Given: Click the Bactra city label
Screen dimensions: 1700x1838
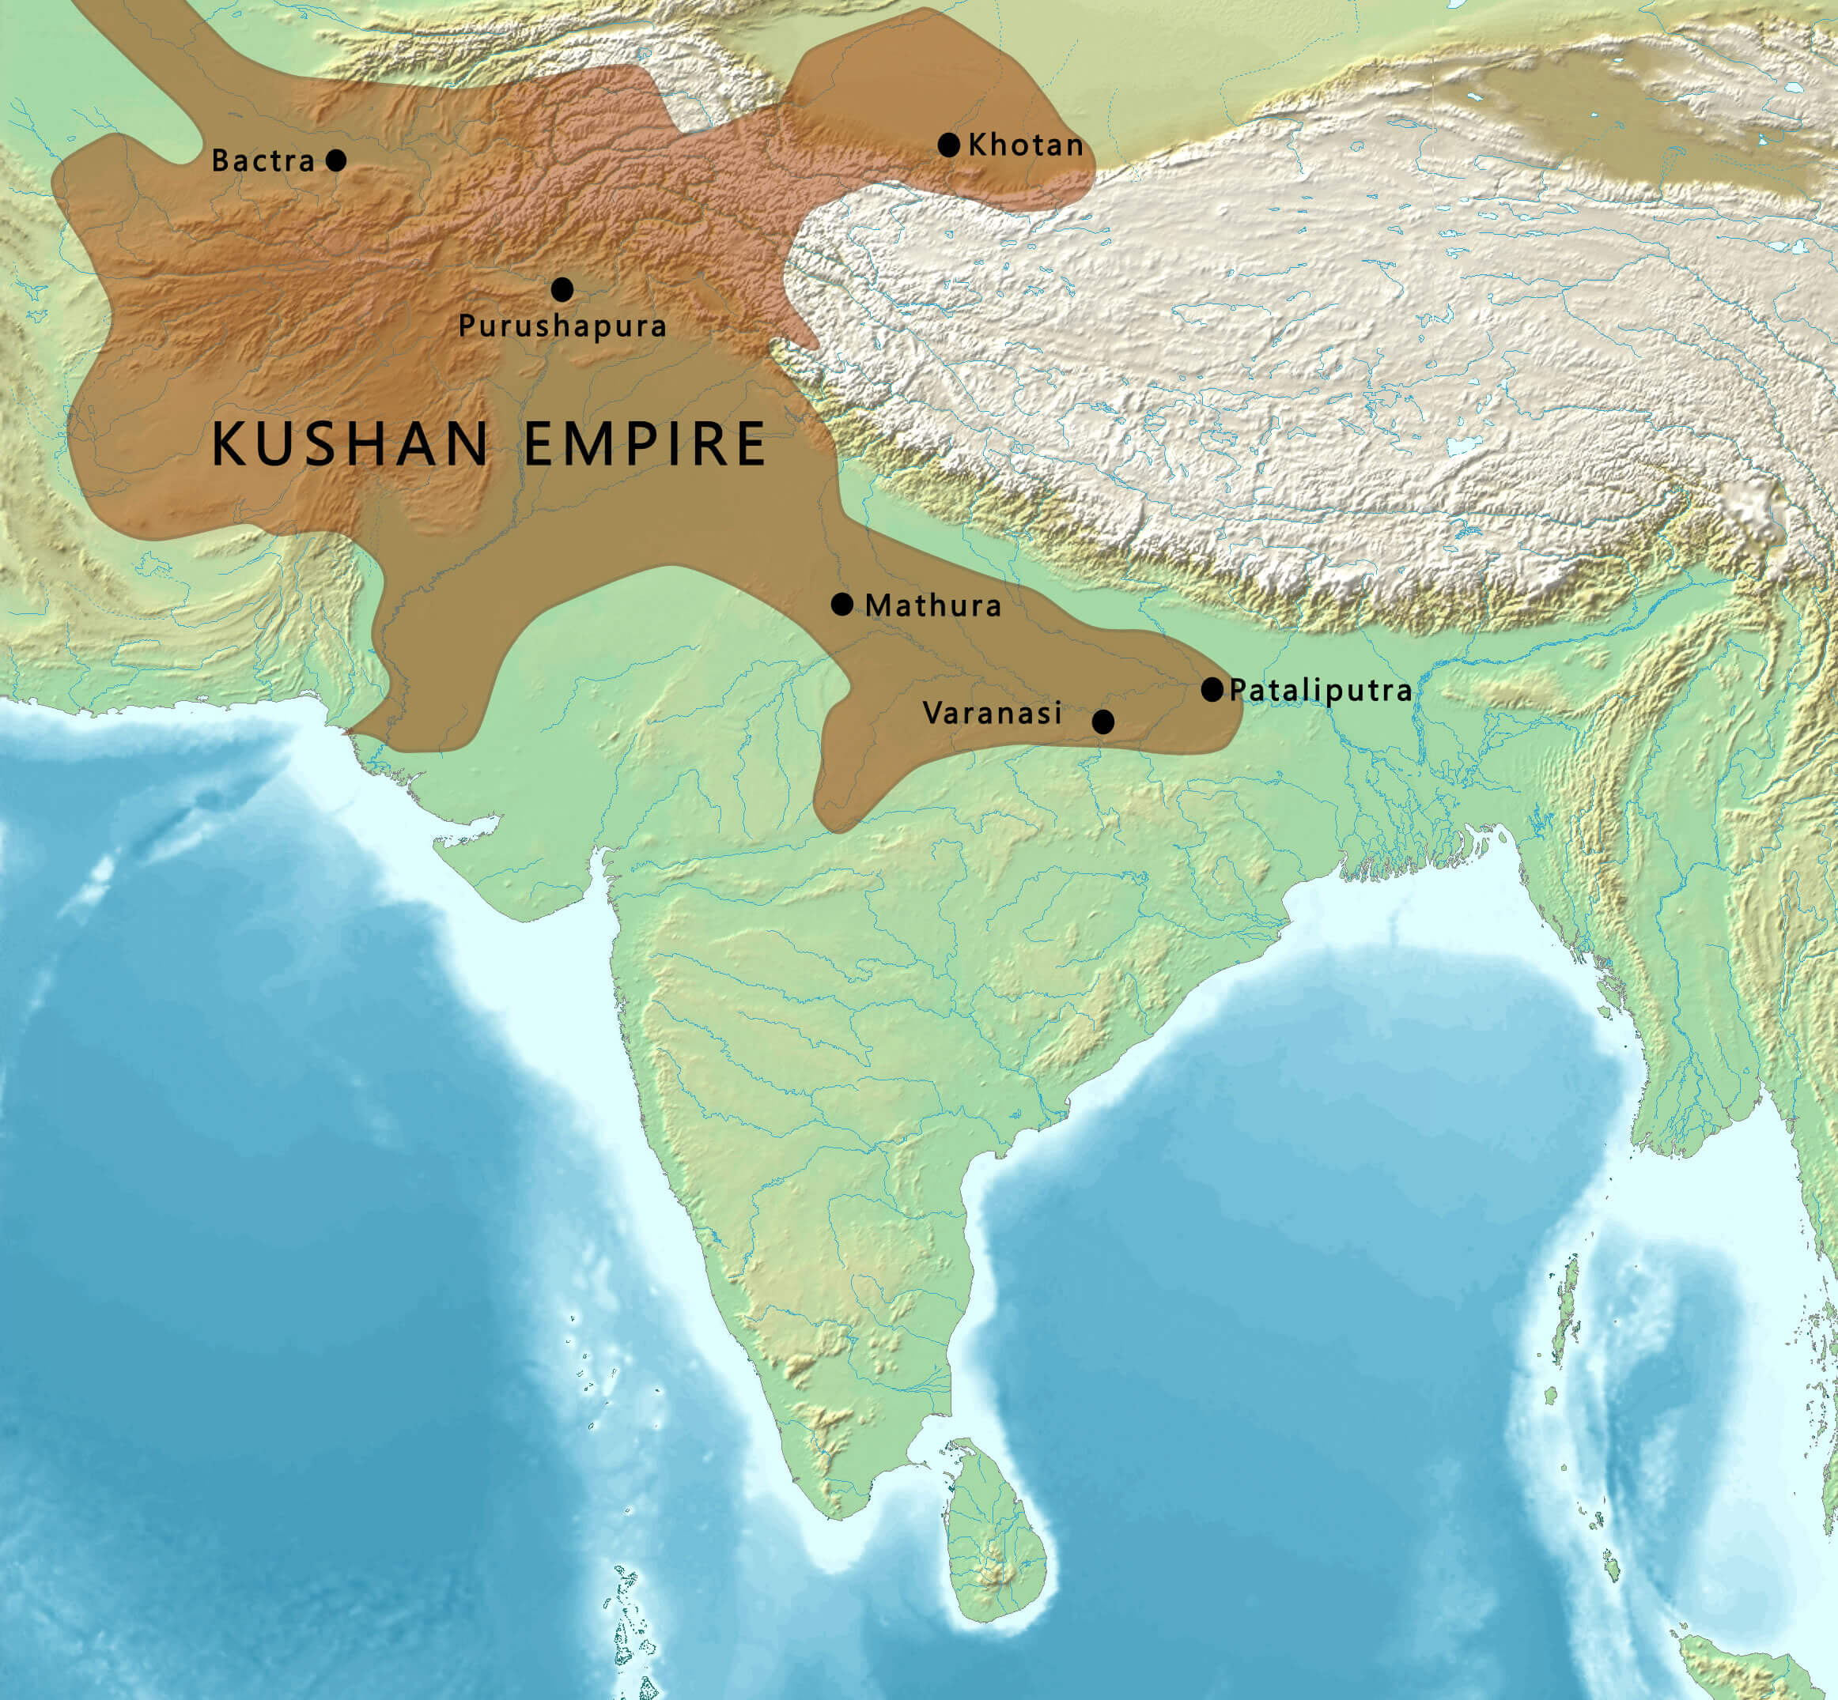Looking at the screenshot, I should click(x=263, y=161).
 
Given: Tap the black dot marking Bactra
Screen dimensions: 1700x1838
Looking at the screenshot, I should click(x=337, y=160).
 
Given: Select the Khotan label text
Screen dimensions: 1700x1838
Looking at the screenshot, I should click(x=1025, y=145).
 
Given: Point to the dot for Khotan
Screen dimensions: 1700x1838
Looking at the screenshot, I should click(x=949, y=145).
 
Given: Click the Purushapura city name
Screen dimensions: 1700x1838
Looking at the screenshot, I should click(x=562, y=326).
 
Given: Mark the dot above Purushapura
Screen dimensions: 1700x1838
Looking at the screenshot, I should click(x=562, y=290).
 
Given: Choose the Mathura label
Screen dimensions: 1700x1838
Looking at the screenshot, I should click(x=933, y=605).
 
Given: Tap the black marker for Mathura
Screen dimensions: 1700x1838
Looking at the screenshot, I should click(x=842, y=605).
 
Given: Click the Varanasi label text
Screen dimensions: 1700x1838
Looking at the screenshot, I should click(x=993, y=713).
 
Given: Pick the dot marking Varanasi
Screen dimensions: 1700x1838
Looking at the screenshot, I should click(x=1102, y=722).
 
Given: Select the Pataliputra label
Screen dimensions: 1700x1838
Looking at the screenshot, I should click(x=1321, y=690).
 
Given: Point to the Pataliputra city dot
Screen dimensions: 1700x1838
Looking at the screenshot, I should click(x=1212, y=689).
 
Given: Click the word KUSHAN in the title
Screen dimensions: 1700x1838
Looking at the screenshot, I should click(x=350, y=443).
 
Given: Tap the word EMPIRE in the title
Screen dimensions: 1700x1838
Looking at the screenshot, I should click(x=645, y=443).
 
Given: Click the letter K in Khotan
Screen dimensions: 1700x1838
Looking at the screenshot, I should click(x=978, y=145).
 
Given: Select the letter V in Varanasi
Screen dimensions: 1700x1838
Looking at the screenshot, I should click(x=932, y=713).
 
